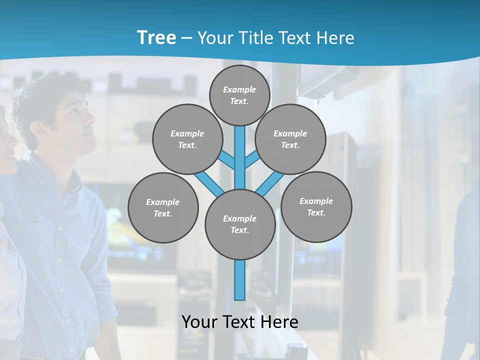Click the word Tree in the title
click(x=156, y=37)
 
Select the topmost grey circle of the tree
click(x=239, y=95)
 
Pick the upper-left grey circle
click(x=187, y=139)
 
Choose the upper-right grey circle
click(x=290, y=139)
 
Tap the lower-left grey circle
click(x=163, y=207)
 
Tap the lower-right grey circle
click(x=316, y=206)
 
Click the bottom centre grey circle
click(x=240, y=224)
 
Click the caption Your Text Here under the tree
click(x=240, y=321)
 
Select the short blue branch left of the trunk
click(x=227, y=160)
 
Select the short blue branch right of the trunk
click(x=252, y=160)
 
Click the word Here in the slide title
click(x=335, y=38)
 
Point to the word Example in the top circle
click(x=239, y=89)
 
